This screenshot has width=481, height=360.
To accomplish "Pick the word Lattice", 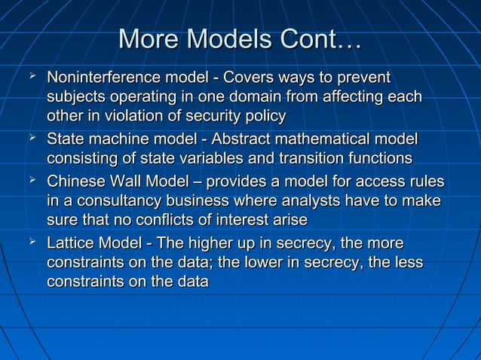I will tap(71, 243).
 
